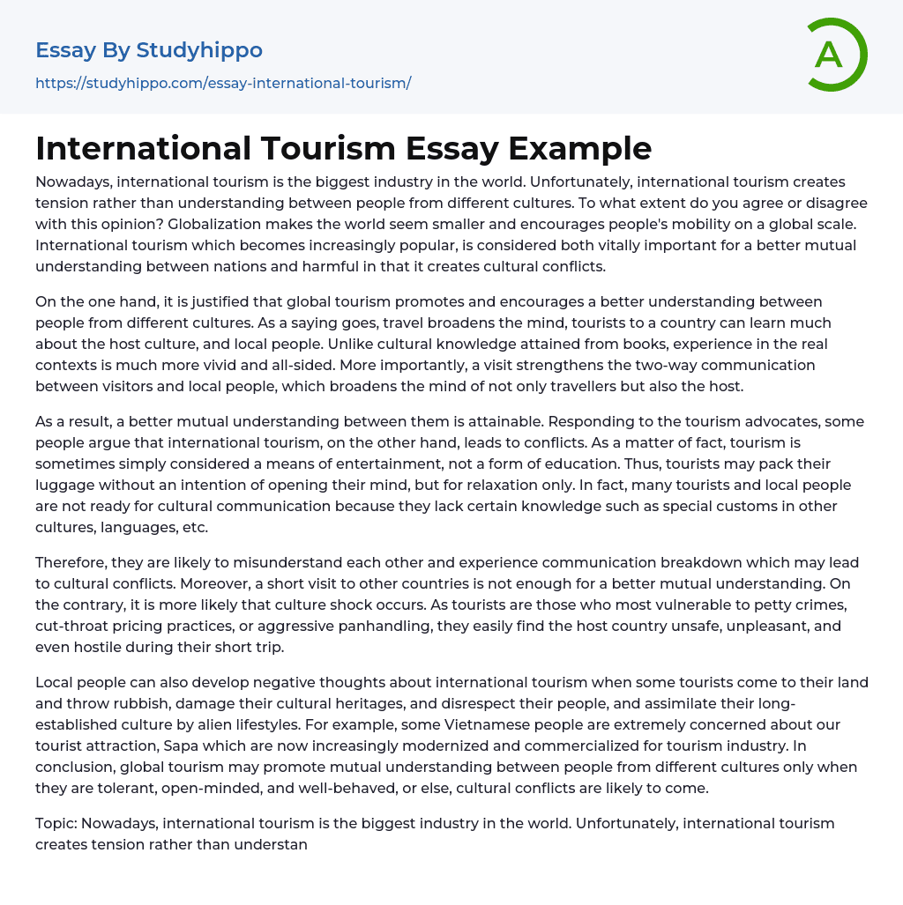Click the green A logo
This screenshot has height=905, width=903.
click(836, 55)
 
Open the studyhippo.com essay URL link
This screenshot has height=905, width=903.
click(223, 83)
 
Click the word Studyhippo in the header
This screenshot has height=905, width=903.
click(199, 50)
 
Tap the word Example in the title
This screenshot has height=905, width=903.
click(583, 148)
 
